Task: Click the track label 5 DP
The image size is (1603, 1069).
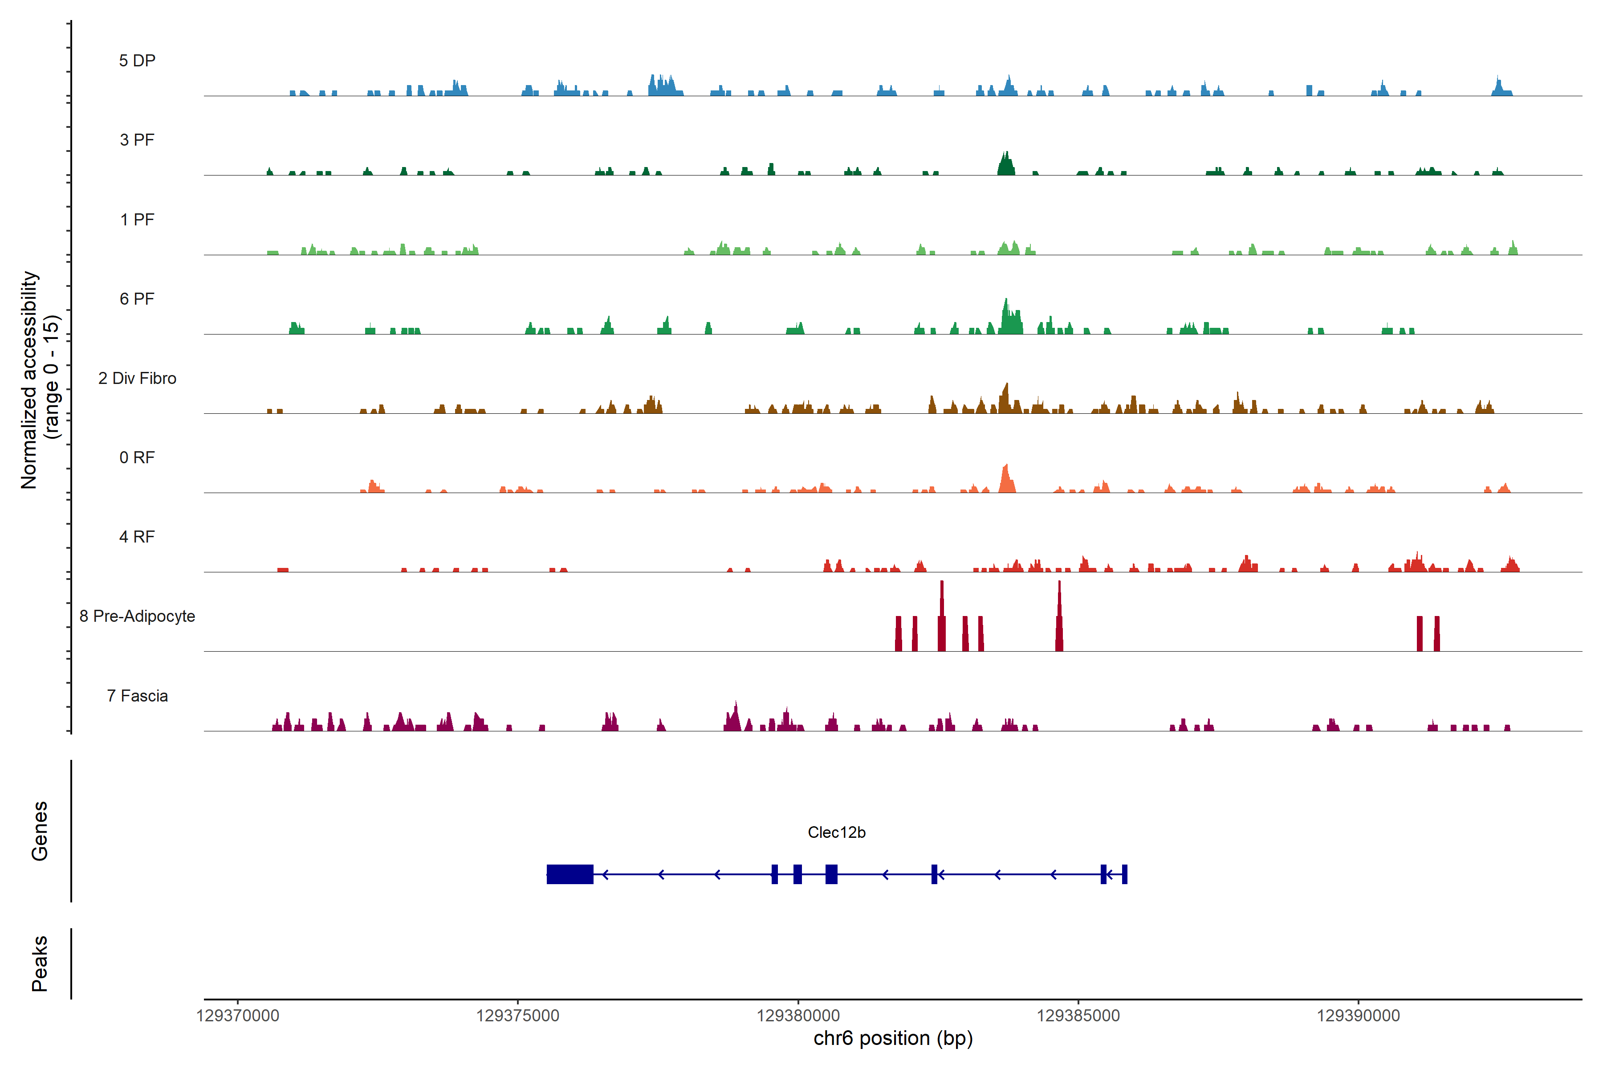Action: coord(137,61)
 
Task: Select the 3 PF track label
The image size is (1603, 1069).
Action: coord(137,140)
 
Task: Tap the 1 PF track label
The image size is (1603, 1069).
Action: coord(137,220)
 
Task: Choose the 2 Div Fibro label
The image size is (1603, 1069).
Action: coord(137,378)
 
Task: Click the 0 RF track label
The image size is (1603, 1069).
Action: coord(137,457)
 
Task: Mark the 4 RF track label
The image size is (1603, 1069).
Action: coord(137,537)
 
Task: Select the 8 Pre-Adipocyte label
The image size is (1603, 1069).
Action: coord(137,616)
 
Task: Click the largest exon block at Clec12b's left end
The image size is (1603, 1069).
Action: coord(570,874)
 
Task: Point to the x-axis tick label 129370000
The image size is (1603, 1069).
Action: coord(237,1016)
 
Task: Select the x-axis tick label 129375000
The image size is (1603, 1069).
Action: coord(517,1016)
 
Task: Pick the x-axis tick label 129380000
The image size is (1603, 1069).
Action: coord(798,1016)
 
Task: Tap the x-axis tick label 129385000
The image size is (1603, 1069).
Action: coord(1078,1016)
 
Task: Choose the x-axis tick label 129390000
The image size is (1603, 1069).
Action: coord(1359,1016)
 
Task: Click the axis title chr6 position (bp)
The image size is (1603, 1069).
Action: coord(893,1038)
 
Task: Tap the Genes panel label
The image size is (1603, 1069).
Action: coord(40,831)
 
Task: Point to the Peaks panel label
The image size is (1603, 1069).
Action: coord(40,963)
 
